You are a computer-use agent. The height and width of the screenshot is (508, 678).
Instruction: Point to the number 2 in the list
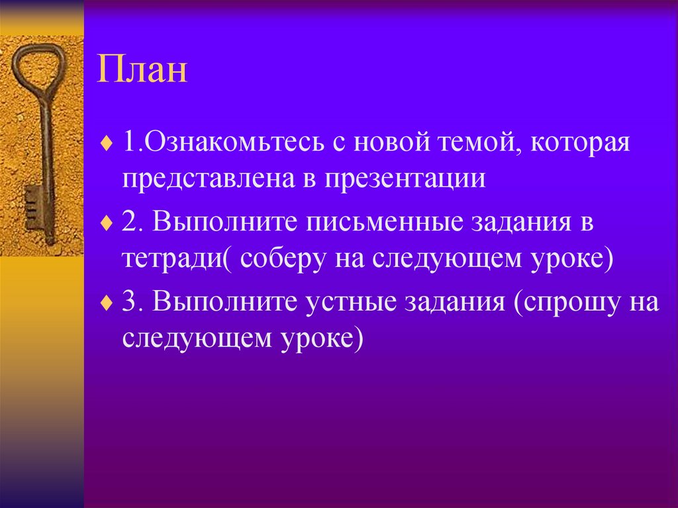(130, 223)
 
